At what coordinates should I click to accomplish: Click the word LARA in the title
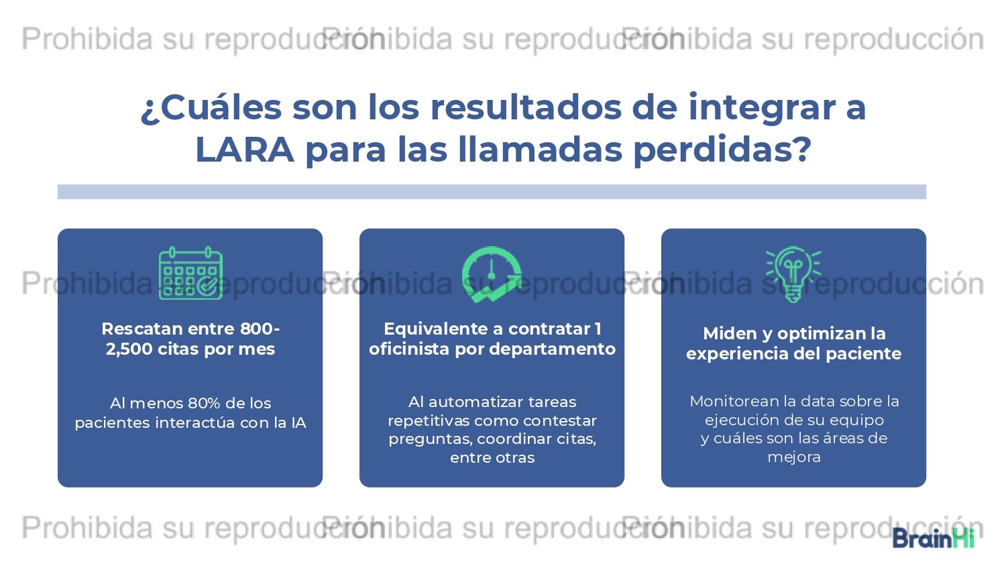245,150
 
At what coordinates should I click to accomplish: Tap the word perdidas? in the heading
722,150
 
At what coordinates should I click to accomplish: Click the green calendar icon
191,273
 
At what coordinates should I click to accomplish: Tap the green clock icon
492,274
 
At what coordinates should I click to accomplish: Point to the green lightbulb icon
793,274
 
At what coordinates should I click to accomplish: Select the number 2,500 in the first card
129,349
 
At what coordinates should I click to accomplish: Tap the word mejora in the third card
794,458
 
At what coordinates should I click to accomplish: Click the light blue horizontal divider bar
492,192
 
